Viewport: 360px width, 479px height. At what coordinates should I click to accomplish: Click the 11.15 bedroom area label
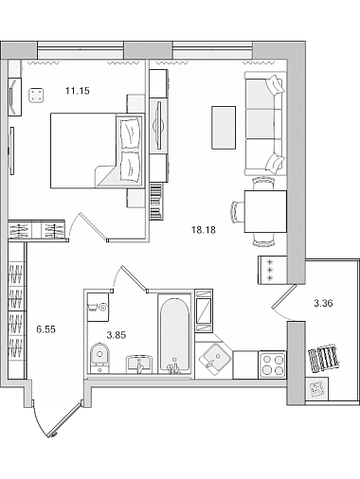78,91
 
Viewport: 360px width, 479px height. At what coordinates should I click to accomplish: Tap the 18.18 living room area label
204,230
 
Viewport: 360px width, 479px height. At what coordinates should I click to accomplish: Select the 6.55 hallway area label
46,329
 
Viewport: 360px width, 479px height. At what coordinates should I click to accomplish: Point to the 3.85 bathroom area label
117,335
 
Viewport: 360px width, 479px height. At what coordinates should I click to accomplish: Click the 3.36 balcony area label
323,304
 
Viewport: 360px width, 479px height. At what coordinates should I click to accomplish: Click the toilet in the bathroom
99,359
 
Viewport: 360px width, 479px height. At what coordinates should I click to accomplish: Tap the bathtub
174,334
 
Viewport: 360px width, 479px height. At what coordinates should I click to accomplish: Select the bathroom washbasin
139,364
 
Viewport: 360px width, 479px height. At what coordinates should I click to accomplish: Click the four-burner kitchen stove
272,364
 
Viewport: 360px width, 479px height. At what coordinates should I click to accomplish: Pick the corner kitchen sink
214,359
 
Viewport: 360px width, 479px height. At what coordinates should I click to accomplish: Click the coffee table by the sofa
224,128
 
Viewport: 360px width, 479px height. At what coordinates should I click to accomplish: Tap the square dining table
265,211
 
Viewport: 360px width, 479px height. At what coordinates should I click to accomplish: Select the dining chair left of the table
238,212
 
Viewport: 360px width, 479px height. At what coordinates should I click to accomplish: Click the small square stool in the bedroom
36,95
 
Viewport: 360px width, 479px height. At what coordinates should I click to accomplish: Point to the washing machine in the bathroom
98,307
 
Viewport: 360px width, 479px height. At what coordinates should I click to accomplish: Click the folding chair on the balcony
324,358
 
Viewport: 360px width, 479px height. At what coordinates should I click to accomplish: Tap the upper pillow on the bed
130,133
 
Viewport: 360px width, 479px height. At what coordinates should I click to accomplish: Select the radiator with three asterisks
272,270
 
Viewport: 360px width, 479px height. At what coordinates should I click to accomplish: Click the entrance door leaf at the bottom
65,419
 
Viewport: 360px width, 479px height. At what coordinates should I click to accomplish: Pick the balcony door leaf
283,296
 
